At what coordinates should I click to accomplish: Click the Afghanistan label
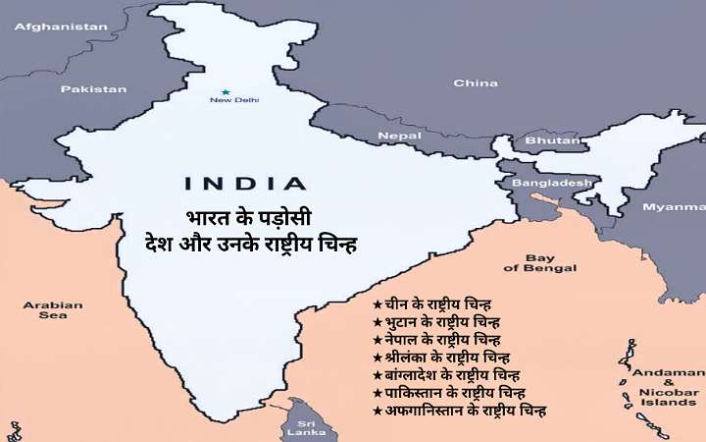[x=60, y=27]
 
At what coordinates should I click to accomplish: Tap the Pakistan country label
[x=93, y=88]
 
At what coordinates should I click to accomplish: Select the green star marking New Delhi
[x=226, y=91]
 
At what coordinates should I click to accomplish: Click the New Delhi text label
[x=232, y=100]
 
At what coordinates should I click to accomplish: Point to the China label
[x=476, y=83]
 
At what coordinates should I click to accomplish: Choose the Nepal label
[x=399, y=136]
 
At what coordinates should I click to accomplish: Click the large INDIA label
[x=244, y=183]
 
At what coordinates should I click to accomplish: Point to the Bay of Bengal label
[x=539, y=263]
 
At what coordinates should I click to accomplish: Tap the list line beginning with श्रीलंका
[x=440, y=357]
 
